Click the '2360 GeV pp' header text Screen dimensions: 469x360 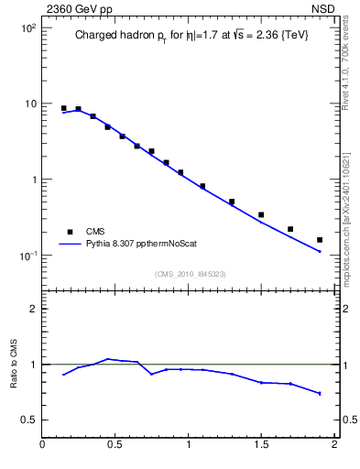(x=74, y=8)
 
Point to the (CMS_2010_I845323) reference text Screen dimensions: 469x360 (x=191, y=274)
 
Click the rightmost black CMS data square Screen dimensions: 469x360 (x=320, y=240)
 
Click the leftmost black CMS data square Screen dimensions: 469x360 (x=64, y=108)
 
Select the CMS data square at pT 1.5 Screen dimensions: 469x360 (x=261, y=215)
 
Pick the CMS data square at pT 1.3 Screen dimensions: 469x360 (x=232, y=202)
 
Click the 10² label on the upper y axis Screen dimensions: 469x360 (x=27, y=28)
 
